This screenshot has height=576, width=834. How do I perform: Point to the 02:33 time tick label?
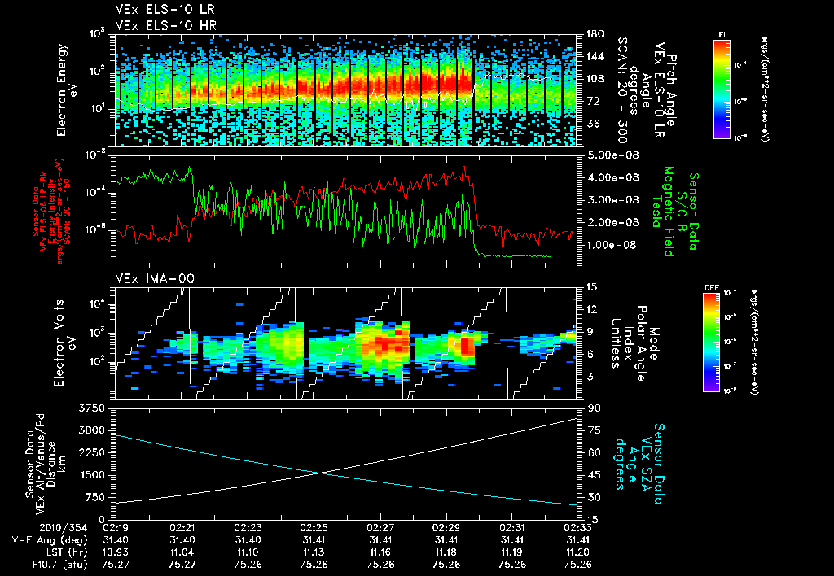click(577, 527)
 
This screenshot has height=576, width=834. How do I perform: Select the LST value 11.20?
click(577, 551)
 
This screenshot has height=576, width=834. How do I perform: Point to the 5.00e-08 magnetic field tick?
click(606, 155)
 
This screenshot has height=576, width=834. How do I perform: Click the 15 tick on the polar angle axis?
click(588, 287)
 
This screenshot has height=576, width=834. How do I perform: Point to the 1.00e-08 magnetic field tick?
click(606, 244)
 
